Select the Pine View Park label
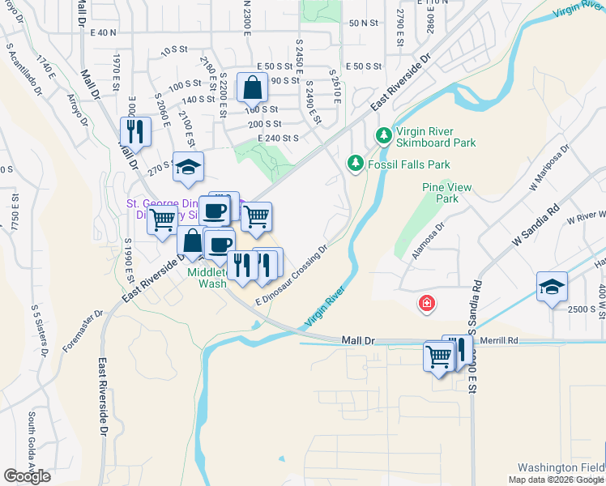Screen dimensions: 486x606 tap(446, 193)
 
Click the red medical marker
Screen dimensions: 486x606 tap(425, 304)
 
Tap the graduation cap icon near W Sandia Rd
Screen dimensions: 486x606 tap(552, 287)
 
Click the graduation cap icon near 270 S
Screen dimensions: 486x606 tap(188, 167)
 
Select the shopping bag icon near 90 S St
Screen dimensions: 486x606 tap(252, 87)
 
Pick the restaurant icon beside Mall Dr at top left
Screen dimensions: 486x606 tap(135, 131)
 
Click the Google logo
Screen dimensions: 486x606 tap(27, 476)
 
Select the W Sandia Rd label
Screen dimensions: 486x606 tap(536, 224)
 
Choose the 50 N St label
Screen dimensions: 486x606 tap(364, 23)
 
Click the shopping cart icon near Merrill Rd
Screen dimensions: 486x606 tap(438, 356)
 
